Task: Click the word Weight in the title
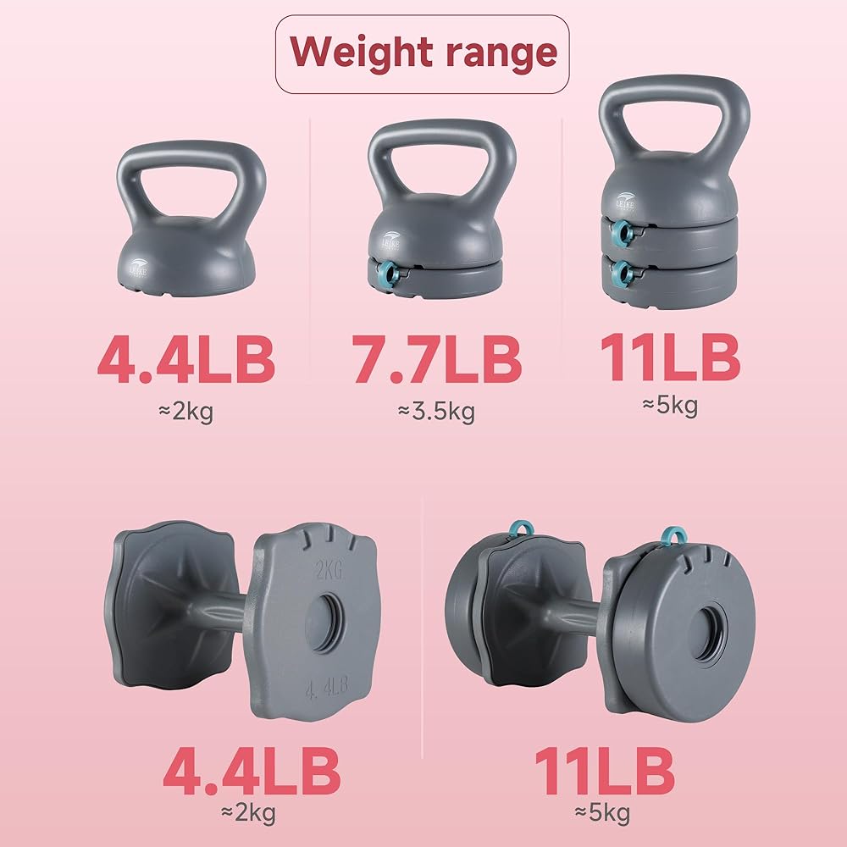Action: tap(361, 53)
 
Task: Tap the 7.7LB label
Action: tap(436, 359)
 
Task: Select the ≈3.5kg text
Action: tap(436, 412)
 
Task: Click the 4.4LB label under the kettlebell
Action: tap(185, 359)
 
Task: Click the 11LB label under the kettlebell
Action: tap(670, 357)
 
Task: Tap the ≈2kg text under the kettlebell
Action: tap(185, 412)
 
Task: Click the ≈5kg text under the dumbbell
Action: tap(602, 813)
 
